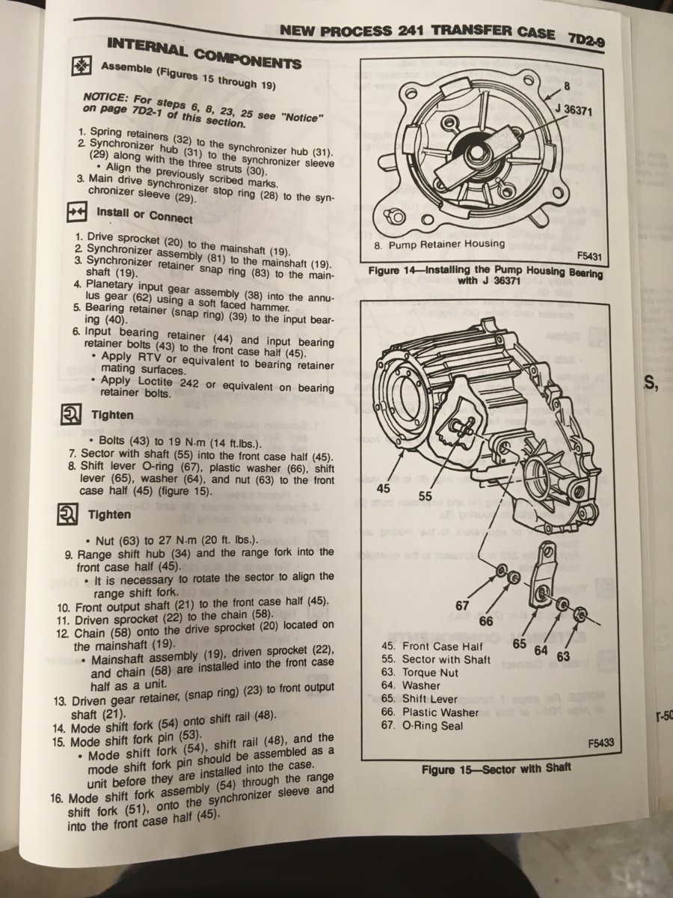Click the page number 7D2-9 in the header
586,40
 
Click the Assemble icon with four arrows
82,66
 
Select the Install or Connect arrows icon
76,212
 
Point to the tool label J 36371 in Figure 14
574,110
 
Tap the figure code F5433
601,742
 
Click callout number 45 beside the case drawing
383,488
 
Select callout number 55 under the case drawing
425,496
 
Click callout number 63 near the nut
563,656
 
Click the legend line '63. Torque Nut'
420,673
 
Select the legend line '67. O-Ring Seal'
422,726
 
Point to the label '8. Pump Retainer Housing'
440,245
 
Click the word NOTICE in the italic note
102,99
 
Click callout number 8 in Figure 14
566,86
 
